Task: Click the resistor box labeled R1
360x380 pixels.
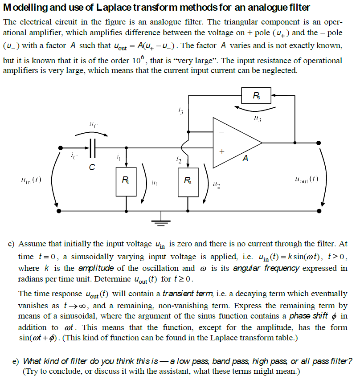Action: coord(127,181)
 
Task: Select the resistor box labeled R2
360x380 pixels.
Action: coord(188,181)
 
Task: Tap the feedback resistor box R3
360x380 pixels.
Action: coord(255,95)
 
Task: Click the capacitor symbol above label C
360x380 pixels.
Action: coord(92,148)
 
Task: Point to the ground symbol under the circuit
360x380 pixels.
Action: coord(162,218)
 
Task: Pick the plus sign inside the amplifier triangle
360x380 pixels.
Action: coord(221,151)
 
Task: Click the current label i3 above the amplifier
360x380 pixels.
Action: coord(180,110)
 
